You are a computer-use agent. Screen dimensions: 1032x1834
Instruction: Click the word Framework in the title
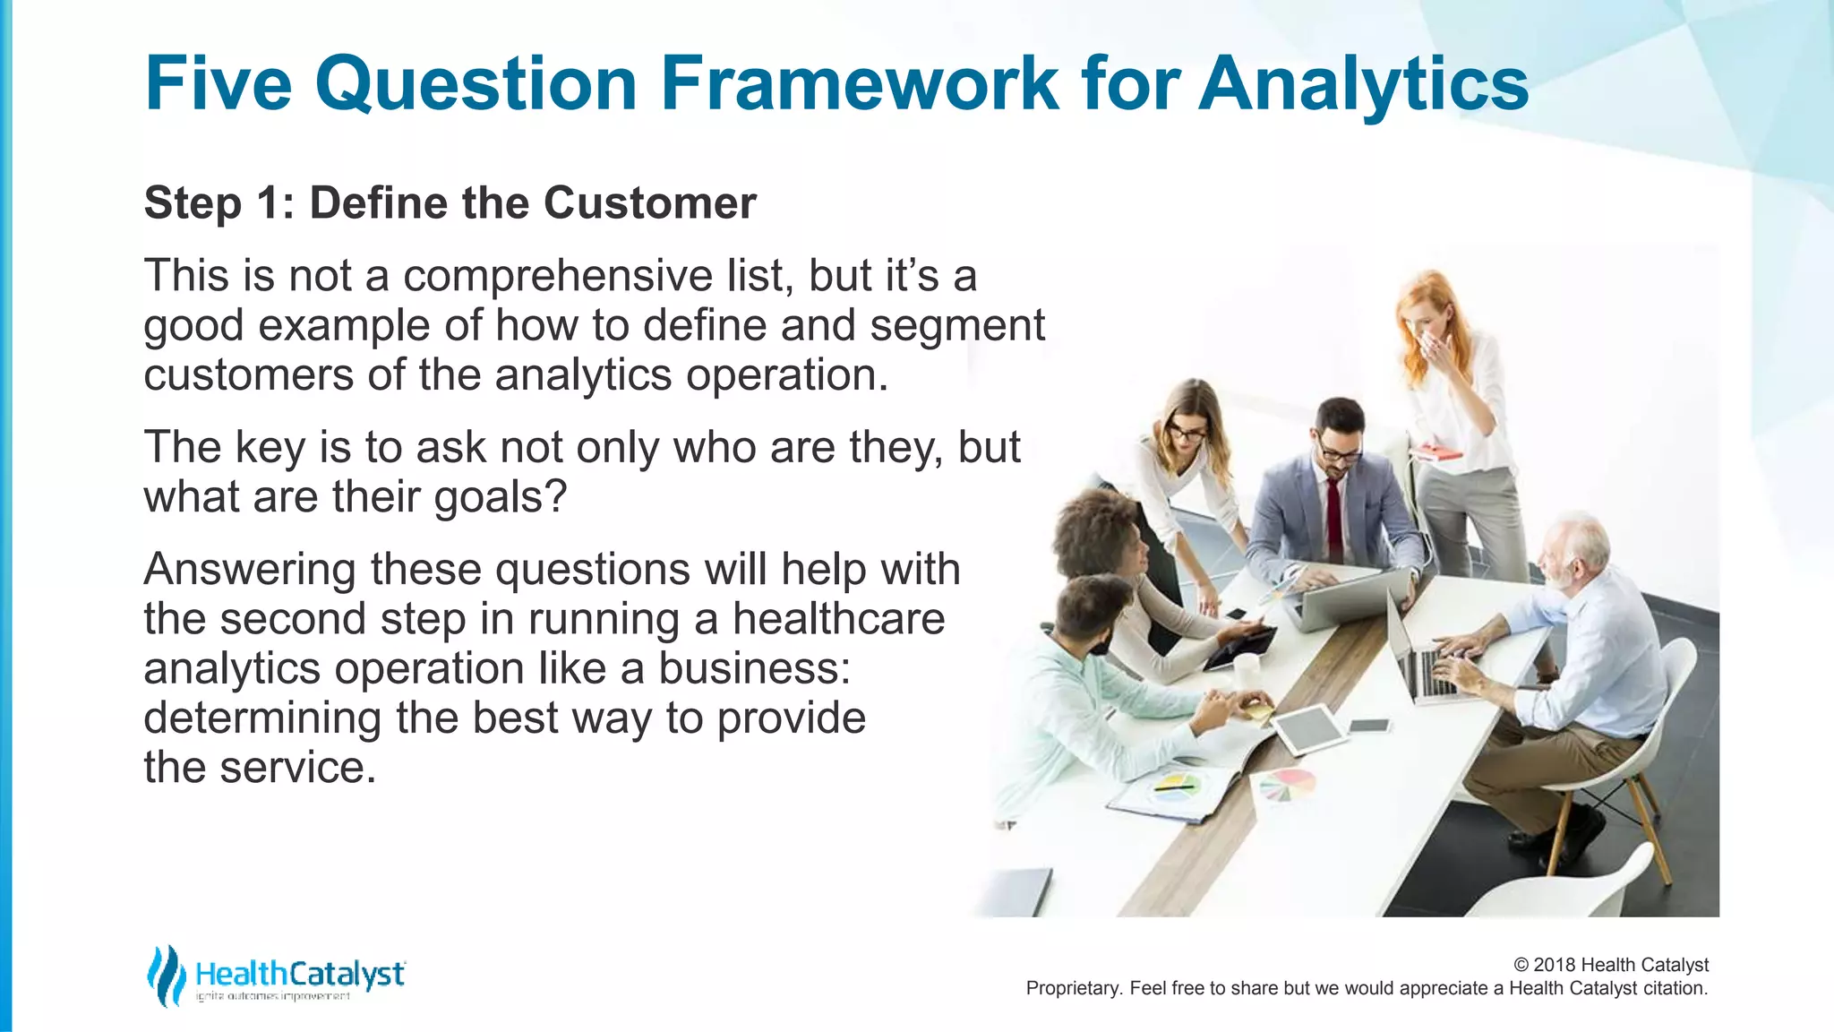(x=860, y=83)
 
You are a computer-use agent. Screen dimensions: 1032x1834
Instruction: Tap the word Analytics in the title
(x=1363, y=83)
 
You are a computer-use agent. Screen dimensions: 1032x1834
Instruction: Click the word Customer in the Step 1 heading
(x=649, y=202)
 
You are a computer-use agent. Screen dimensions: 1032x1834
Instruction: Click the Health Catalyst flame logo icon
(x=166, y=975)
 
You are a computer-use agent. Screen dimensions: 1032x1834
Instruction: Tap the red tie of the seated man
(x=1334, y=520)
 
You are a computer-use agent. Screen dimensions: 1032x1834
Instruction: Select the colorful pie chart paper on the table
(x=1285, y=786)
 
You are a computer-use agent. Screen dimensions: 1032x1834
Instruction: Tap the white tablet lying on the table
(x=1310, y=728)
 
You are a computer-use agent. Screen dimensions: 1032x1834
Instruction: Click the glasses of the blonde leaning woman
(x=1187, y=434)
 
